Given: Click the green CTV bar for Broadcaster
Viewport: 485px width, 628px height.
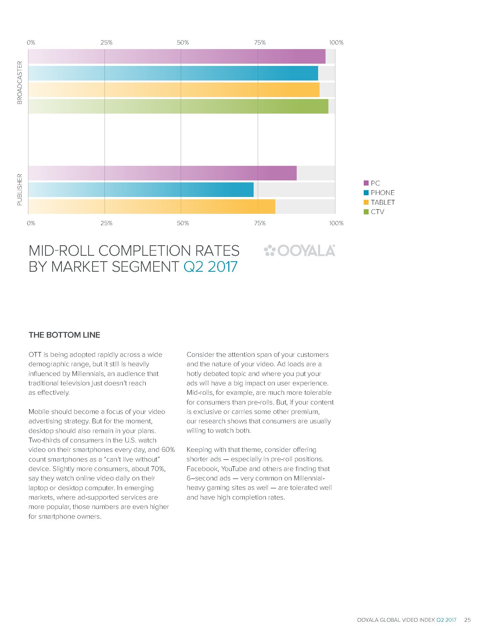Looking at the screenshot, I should (178, 106).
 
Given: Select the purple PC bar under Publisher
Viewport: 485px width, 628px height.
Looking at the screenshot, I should (162, 173).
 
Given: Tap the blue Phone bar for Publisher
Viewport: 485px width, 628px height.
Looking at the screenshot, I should (141, 190).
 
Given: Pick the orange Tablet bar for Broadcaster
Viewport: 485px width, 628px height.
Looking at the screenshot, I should (174, 90).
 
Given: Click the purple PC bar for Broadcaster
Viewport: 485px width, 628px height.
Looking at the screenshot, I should (177, 56).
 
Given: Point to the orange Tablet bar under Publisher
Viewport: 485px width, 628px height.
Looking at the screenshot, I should (152, 206).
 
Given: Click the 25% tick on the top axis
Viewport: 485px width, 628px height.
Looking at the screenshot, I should (106, 43).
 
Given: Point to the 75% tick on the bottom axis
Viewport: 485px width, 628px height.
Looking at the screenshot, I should (260, 224).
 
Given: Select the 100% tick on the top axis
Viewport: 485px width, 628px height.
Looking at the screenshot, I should (336, 43).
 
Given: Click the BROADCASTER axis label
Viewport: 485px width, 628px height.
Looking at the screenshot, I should (19, 82).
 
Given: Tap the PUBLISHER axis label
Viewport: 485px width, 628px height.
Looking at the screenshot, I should (19, 190).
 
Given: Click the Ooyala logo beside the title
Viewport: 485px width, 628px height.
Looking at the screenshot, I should (300, 251).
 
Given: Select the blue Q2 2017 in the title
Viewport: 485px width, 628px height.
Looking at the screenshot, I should (210, 267).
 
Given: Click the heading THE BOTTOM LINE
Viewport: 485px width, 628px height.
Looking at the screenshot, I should (64, 335).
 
